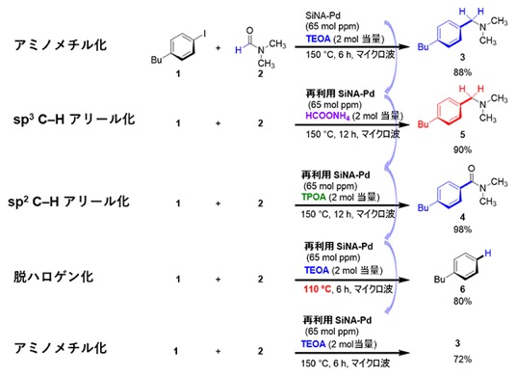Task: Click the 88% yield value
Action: [x=462, y=72]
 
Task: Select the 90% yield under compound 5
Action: [x=462, y=149]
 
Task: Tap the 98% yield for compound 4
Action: [x=462, y=229]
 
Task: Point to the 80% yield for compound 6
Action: [x=462, y=301]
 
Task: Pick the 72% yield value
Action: [x=462, y=359]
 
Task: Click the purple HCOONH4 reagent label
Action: [x=327, y=116]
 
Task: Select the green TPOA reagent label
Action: [x=314, y=197]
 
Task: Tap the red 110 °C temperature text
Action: [x=318, y=289]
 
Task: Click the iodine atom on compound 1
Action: [x=205, y=34]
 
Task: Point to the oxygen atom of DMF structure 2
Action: [x=249, y=31]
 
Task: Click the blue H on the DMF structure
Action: [x=238, y=50]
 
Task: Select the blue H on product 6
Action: [x=488, y=254]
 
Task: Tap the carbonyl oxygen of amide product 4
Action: [x=472, y=169]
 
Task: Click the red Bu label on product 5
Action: [x=424, y=124]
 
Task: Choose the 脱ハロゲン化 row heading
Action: [x=54, y=277]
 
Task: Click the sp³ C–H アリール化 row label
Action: [x=74, y=120]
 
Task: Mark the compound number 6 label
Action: [x=462, y=289]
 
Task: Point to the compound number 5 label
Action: [x=462, y=134]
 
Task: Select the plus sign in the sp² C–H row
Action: [x=218, y=203]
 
